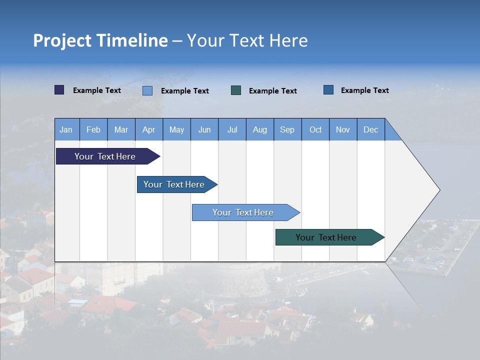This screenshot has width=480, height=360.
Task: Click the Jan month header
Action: point(66,129)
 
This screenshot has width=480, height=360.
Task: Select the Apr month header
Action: point(149,129)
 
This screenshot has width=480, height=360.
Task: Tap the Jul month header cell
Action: point(232,129)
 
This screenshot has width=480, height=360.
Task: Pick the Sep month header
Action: point(287,129)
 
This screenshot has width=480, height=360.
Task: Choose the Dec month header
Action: point(370,129)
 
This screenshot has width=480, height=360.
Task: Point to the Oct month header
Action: point(315,129)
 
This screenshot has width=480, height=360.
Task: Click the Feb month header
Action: point(93,129)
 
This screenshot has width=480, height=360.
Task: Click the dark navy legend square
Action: point(59,90)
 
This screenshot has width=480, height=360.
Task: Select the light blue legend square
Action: point(147,90)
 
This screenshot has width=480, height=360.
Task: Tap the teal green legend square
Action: point(236,90)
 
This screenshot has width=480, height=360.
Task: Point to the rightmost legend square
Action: point(328,90)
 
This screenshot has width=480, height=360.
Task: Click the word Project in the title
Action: point(62,40)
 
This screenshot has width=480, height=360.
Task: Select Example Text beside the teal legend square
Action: point(273,91)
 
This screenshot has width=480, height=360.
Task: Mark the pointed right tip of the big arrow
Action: point(439,190)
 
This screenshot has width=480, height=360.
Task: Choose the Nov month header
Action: point(343,129)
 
